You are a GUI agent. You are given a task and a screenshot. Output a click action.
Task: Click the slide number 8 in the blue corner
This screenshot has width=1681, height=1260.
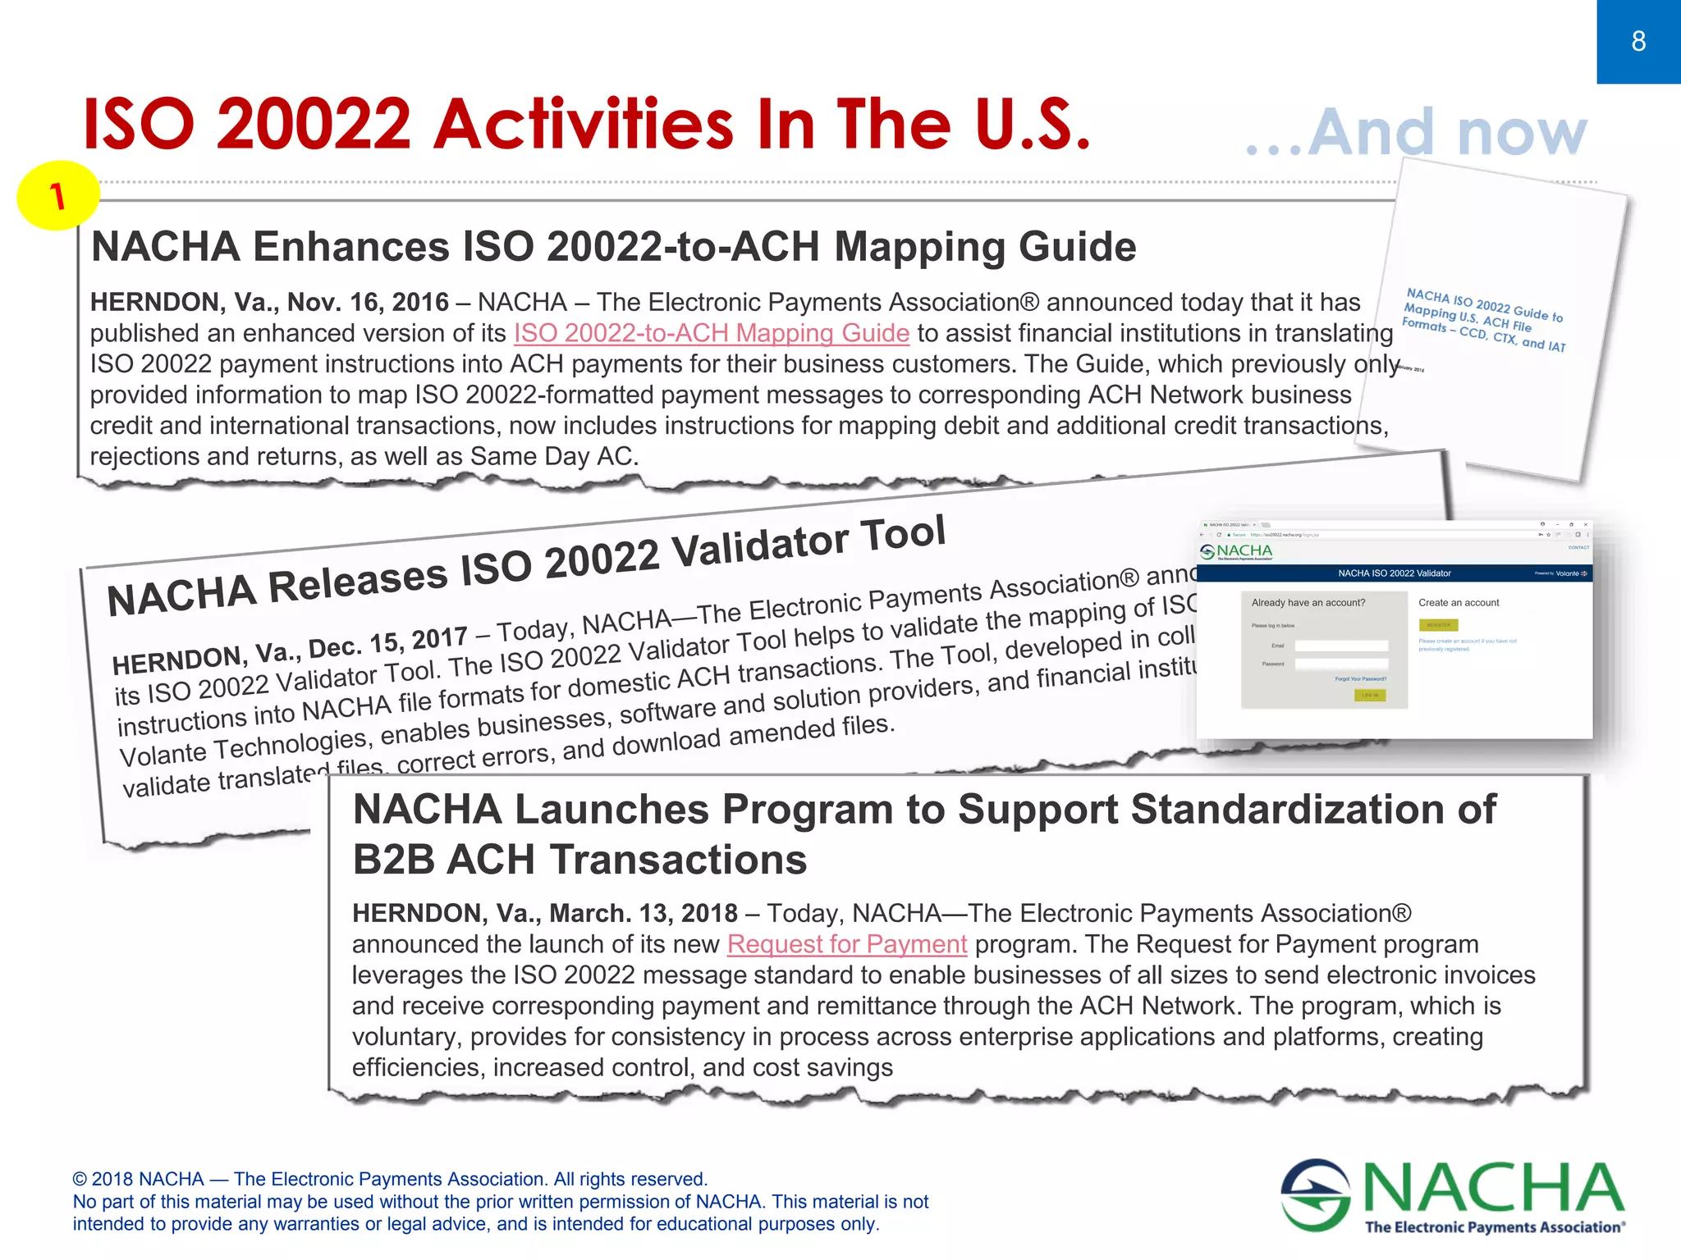tap(1638, 41)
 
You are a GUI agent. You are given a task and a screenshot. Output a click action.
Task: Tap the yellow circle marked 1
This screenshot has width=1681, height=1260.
tap(57, 195)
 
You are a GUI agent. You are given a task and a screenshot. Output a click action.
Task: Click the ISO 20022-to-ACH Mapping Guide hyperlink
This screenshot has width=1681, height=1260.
tap(711, 333)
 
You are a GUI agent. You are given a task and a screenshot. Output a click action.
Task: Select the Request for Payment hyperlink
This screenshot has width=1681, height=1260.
tap(846, 944)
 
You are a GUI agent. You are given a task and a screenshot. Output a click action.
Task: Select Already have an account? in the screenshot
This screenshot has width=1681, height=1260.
tap(1308, 603)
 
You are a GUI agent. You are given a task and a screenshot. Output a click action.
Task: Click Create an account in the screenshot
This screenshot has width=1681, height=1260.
tap(1459, 603)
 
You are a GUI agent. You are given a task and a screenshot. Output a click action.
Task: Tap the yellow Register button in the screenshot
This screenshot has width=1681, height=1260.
tap(1438, 625)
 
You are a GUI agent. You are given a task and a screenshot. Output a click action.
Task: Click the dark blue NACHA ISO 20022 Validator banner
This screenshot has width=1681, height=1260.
tap(1394, 573)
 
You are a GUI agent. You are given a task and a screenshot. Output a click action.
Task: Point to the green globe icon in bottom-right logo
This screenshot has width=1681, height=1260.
tap(1316, 1194)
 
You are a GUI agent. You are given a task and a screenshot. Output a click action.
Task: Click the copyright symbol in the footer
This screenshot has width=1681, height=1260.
tap(80, 1180)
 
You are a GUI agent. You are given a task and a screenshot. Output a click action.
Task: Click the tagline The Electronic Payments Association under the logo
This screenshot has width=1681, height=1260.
tap(1493, 1227)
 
